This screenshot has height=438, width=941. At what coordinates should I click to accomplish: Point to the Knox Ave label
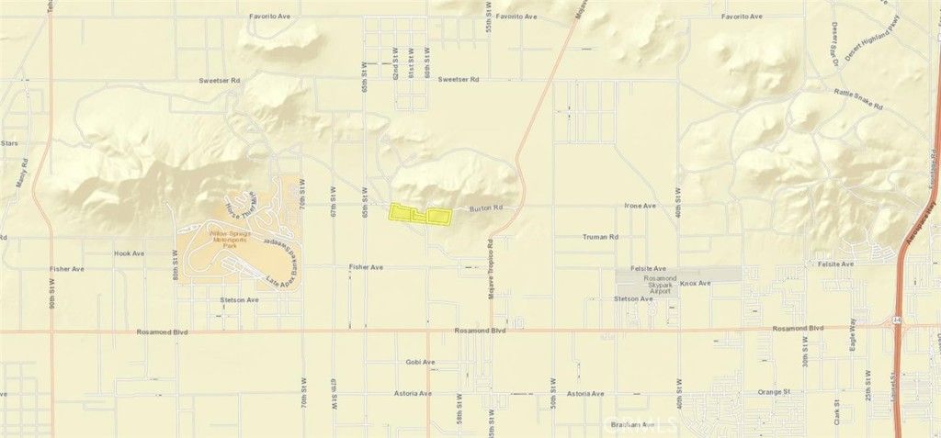tap(696, 283)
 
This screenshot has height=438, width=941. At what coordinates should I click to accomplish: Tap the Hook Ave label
tap(130, 253)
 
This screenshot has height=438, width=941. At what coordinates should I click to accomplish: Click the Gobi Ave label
tap(419, 362)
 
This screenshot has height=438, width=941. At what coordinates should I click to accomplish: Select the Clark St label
tap(836, 403)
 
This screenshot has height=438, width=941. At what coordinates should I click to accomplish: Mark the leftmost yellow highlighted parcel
tap(400, 213)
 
